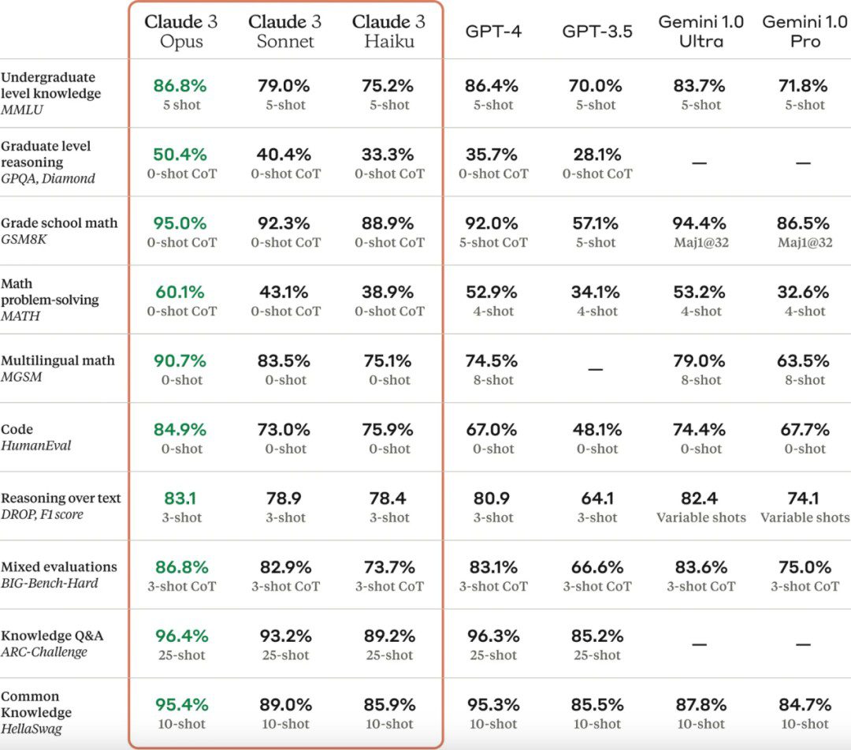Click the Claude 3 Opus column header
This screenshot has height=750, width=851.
pos(181,31)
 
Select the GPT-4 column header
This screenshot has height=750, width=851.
pos(493,32)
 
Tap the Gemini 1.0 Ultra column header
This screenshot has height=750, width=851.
pos(700,31)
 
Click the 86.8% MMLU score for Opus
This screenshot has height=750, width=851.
pos(181,85)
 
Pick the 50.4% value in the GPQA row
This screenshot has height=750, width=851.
pos(181,154)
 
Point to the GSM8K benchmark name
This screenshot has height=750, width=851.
pos(24,239)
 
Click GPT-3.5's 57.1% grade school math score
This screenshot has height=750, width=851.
pos(596,223)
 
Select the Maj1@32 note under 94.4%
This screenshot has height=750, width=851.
pos(700,243)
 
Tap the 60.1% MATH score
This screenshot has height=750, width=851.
pos(181,292)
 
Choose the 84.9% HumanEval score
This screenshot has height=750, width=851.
pos(181,429)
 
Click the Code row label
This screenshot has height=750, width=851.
pos(17,429)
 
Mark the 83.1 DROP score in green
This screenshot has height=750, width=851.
pos(181,498)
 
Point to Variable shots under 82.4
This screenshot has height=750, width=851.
pos(700,517)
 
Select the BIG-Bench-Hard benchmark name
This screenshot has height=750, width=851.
pos(50,584)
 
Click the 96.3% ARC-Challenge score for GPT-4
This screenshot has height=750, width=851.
pos(493,636)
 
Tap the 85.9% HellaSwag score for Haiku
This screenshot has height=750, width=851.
pos(389,704)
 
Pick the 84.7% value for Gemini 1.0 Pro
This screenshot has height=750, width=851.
pos(805,704)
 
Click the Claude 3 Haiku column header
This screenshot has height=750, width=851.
pos(389,31)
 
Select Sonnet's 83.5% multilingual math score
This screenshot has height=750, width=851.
pos(285,360)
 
